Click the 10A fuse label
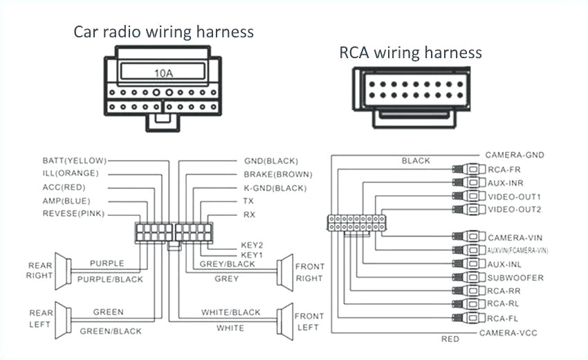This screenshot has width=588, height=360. tap(163, 72)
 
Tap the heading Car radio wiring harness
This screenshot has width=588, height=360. tap(164, 32)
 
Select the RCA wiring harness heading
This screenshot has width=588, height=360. tap(410, 53)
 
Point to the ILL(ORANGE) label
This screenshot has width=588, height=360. tap(71, 173)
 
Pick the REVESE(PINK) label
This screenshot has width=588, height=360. tap(73, 214)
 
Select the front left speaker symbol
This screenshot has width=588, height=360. tap(284, 321)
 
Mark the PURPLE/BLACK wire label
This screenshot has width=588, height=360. tap(111, 279)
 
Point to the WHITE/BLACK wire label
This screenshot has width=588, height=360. tap(231, 313)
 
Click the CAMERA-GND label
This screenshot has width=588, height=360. tap(513, 154)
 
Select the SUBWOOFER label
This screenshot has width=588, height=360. tap(515, 278)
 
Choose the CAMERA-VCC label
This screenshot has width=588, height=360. tap(513, 332)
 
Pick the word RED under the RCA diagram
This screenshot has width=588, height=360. tap(450, 339)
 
